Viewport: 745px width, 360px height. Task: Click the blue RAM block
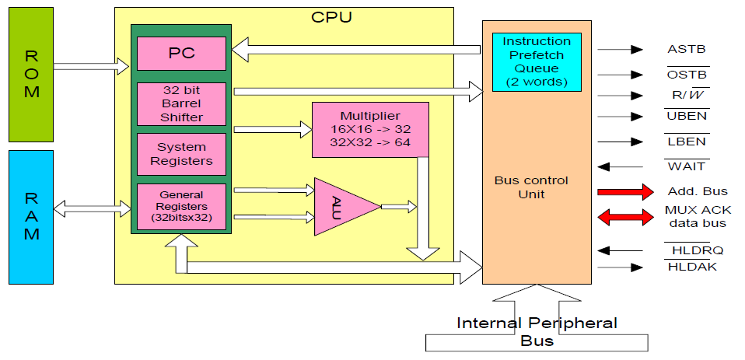click(31, 216)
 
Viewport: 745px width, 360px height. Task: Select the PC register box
click(181, 53)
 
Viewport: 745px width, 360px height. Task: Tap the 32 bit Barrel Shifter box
click(181, 103)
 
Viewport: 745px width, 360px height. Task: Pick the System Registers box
click(181, 153)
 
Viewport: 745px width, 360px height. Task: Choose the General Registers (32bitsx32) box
click(181, 206)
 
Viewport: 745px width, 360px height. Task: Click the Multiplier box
click(370, 129)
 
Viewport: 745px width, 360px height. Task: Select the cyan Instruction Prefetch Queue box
click(537, 61)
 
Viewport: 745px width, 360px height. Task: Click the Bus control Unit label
click(531, 187)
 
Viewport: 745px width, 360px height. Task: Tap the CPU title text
click(331, 16)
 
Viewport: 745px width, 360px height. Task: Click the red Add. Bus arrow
click(624, 192)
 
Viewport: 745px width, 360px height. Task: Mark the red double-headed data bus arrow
click(624, 217)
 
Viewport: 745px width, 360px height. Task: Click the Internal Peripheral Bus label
click(537, 330)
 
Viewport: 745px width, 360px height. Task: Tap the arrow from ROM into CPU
click(91, 66)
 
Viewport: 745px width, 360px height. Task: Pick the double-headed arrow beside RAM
click(91, 208)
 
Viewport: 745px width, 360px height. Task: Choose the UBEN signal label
click(686, 117)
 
